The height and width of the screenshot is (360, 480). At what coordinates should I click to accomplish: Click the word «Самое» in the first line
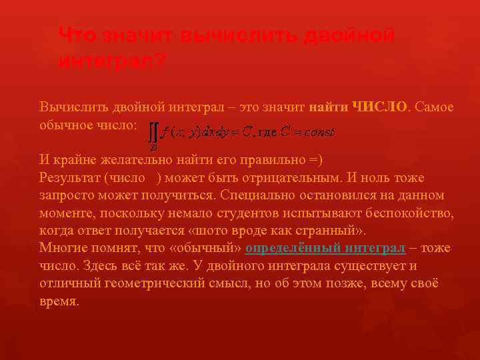[x=435, y=107]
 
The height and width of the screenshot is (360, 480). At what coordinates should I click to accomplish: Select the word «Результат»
[x=70, y=178]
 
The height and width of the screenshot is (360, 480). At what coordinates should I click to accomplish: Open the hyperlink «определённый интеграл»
[x=325, y=248]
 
